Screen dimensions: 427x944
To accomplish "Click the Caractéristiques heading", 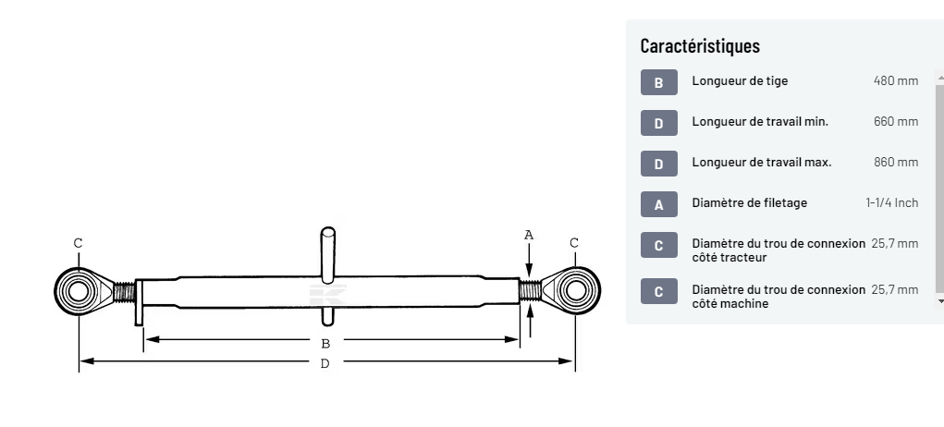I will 700,46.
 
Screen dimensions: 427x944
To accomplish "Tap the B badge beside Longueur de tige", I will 658,82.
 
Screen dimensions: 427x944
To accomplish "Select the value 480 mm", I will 895,81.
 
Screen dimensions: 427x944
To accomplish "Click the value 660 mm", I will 895,122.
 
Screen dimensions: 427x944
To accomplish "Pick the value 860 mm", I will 895,163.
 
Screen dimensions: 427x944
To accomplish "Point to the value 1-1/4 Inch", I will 891,203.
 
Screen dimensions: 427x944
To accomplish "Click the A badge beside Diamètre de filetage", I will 658,204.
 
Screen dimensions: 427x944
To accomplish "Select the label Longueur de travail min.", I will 759,122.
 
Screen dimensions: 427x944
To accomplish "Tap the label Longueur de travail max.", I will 761,163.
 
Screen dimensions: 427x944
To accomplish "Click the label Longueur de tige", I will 740,81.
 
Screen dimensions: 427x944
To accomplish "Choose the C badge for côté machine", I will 658,291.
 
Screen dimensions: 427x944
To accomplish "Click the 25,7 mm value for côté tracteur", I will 894,244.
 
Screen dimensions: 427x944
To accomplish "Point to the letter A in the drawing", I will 529,235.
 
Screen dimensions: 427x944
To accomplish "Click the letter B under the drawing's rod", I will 325,343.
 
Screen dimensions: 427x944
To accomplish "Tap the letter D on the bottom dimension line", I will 325,363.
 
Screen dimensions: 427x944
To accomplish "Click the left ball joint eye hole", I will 78,291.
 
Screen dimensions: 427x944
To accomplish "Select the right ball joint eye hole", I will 575,291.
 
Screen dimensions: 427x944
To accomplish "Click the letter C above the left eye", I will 78,243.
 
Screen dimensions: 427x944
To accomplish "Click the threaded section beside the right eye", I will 531,291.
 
